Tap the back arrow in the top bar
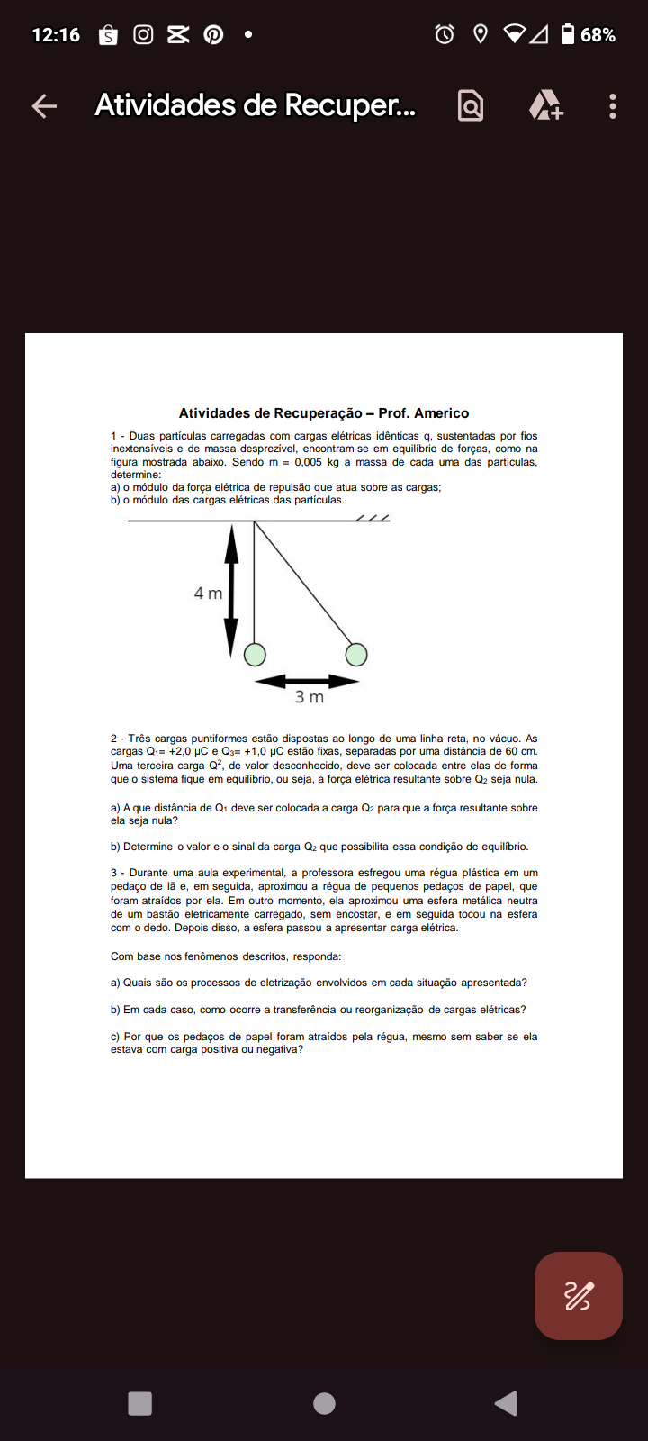[44, 106]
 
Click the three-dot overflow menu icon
[613, 106]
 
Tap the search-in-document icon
[471, 106]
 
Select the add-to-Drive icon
[545, 106]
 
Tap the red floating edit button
[578, 1296]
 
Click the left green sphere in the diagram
[255, 654]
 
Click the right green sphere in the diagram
[356, 654]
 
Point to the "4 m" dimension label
[208, 594]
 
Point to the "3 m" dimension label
[310, 697]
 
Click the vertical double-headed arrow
[231, 591]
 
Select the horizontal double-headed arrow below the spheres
[307, 682]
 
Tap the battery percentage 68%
[598, 35]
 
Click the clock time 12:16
[56, 35]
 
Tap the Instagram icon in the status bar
[143, 35]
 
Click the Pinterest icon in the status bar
[213, 35]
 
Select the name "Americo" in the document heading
[441, 413]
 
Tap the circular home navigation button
[324, 1403]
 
